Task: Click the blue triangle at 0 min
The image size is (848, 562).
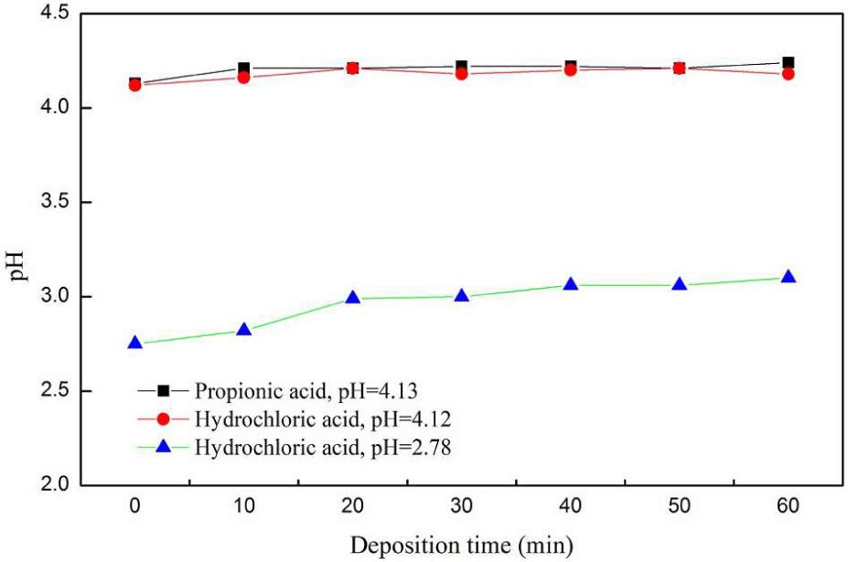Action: (x=135, y=344)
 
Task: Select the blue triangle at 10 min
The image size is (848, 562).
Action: (x=244, y=330)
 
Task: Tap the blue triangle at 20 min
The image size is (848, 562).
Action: (x=353, y=298)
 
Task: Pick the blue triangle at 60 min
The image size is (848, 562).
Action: (x=788, y=277)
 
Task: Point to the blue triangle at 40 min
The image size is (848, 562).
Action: (x=571, y=284)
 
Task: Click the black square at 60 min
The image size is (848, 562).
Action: (x=788, y=63)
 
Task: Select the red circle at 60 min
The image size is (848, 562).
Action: (x=788, y=74)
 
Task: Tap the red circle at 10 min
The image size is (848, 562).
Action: (x=244, y=78)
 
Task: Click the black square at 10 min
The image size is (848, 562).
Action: (x=244, y=68)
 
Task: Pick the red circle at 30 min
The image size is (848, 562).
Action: (x=462, y=73)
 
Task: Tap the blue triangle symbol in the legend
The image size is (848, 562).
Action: (x=163, y=446)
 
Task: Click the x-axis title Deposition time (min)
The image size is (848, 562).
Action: (x=462, y=546)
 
